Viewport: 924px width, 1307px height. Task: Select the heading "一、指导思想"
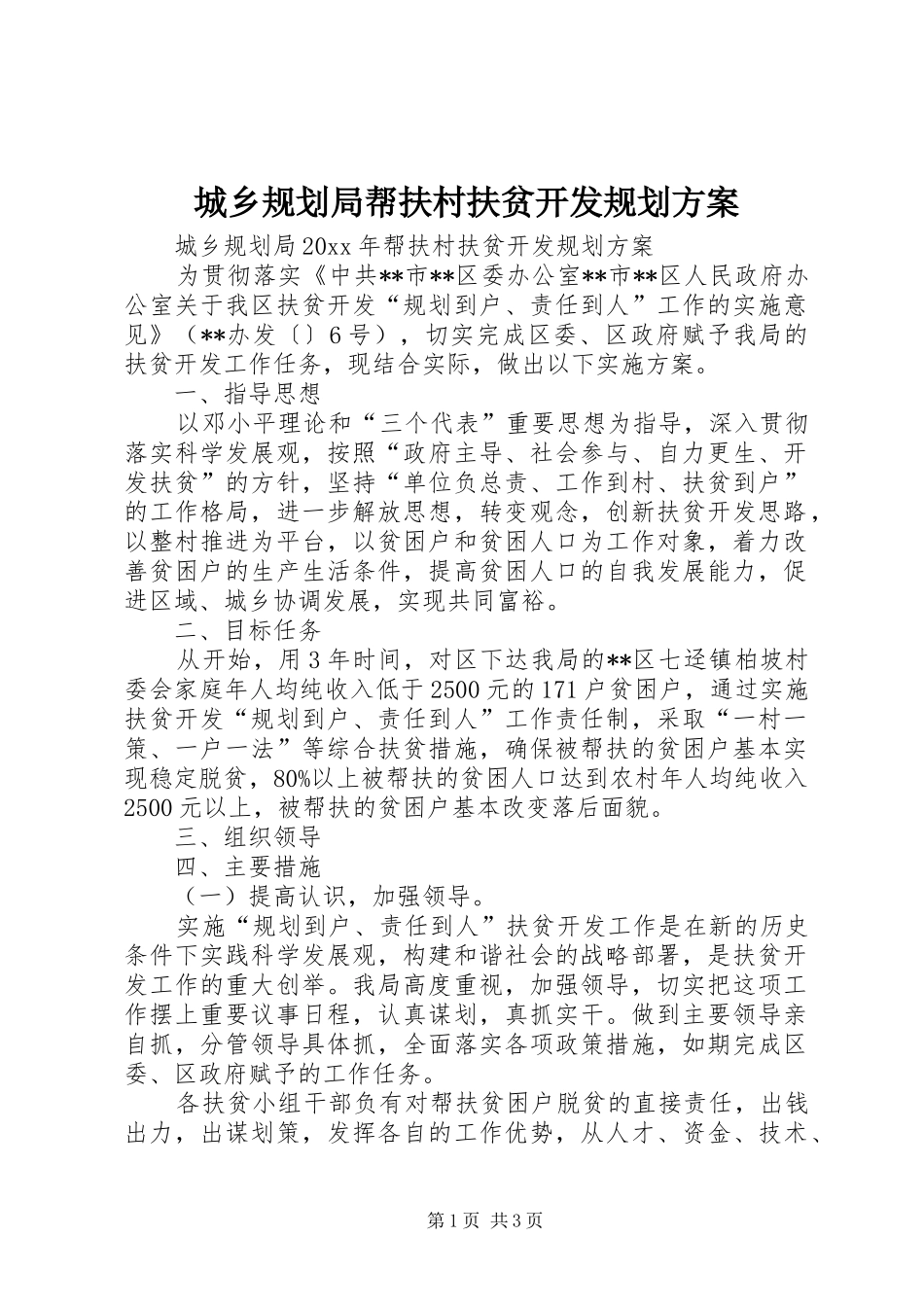[248, 395]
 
